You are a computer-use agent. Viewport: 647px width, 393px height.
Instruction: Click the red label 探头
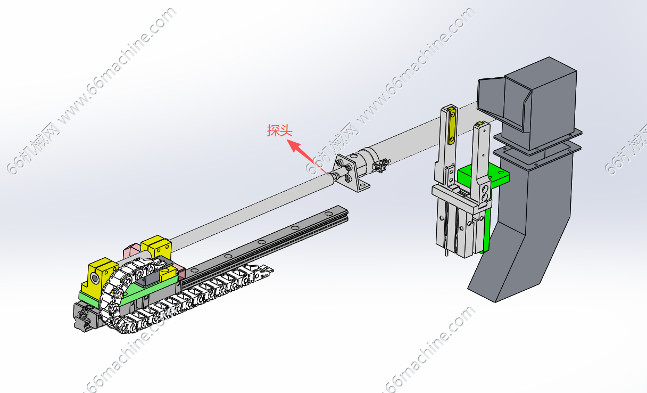coord(279,130)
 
